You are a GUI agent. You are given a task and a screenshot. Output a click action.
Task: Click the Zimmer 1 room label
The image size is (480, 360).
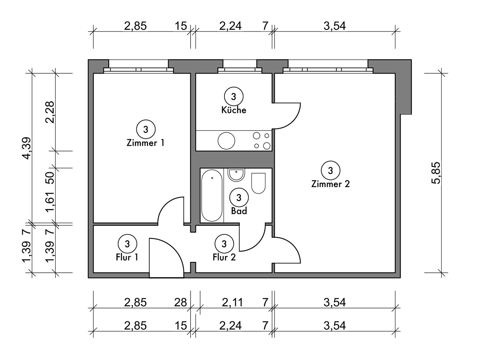145,143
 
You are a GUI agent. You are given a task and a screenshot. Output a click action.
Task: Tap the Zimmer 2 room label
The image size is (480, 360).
330,184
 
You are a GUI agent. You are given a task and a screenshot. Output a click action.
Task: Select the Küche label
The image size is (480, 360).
233,110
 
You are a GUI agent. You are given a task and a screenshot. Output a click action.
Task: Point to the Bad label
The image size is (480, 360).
239,211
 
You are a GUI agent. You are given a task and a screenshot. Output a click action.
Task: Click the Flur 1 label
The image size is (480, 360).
127,257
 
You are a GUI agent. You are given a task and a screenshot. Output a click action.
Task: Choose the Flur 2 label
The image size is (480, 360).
224,257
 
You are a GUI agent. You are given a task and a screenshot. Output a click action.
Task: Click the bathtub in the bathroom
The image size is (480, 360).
212,195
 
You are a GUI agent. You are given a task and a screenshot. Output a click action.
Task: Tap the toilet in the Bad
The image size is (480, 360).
259,183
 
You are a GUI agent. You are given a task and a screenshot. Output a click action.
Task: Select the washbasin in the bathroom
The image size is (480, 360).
236,175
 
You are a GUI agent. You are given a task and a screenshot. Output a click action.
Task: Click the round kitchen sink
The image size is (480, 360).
226,141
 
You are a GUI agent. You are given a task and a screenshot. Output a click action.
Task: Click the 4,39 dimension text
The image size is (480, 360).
27,148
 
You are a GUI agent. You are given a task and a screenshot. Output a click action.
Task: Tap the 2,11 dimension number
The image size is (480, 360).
232,302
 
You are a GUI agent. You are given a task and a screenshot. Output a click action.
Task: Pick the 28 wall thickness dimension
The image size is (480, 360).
181,302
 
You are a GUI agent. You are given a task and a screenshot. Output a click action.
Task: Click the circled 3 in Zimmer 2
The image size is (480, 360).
330,170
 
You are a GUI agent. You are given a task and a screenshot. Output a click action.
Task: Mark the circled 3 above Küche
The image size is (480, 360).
233,96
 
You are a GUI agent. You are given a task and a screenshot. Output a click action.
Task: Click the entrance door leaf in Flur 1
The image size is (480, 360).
166,258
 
